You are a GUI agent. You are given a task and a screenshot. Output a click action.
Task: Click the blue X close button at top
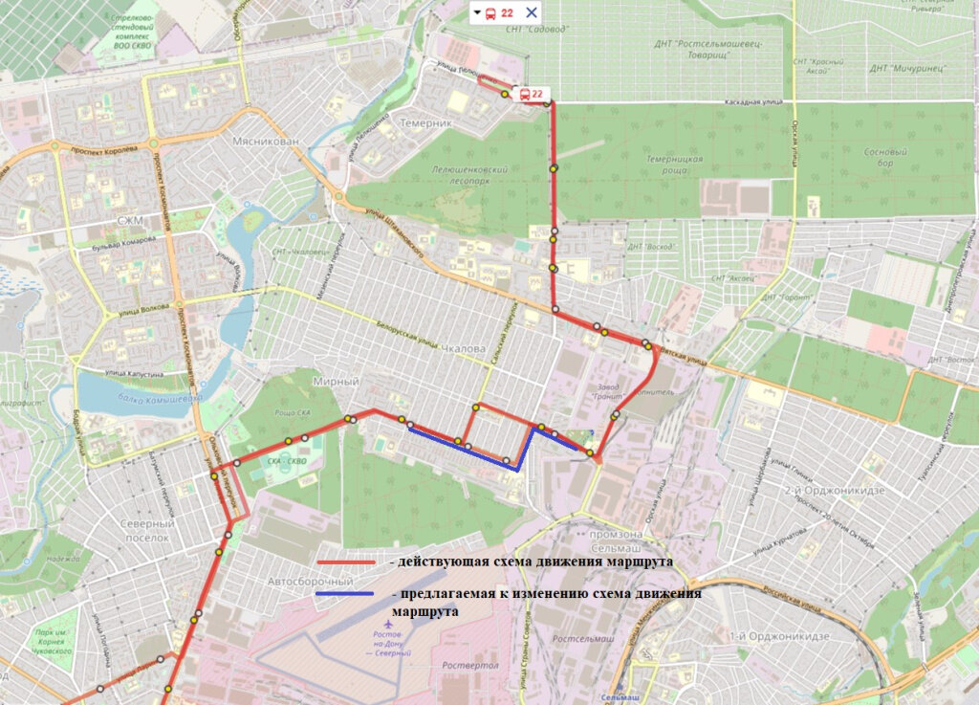tap(532, 13)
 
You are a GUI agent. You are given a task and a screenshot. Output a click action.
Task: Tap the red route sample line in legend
tap(346, 562)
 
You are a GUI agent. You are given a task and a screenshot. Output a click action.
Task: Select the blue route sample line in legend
tap(346, 595)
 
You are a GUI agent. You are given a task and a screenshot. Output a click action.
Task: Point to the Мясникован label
tap(266, 142)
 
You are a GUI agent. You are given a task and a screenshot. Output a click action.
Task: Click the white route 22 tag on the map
tap(531, 94)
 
